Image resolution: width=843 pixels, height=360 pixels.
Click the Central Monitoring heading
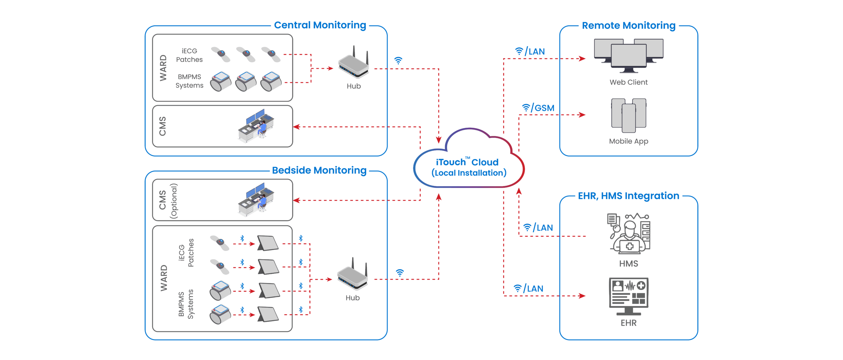tap(320, 25)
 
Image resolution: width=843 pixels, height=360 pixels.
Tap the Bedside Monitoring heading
tap(319, 170)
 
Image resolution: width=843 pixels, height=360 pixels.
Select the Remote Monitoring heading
tap(628, 26)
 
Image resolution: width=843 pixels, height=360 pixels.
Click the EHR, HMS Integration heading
tap(628, 196)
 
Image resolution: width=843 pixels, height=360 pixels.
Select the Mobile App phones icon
tap(628, 115)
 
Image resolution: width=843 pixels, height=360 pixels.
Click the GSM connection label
tap(544, 108)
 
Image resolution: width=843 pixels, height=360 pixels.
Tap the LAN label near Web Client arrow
tap(536, 52)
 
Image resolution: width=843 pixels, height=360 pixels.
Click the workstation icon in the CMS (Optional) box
tap(256, 199)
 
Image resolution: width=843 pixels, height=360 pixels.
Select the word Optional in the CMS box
tap(174, 201)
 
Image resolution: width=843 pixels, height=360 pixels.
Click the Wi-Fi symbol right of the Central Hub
tap(398, 61)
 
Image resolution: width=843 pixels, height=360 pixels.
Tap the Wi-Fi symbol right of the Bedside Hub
tap(399, 273)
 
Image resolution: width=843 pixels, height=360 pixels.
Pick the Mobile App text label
tap(628, 141)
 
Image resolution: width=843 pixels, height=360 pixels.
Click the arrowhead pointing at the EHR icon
tap(582, 296)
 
